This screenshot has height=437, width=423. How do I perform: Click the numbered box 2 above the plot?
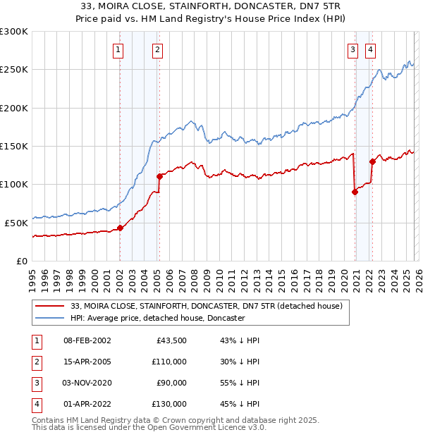pos(157,49)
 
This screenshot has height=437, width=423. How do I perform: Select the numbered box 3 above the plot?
pos(352,49)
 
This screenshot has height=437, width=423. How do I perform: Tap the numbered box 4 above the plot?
pos(370,49)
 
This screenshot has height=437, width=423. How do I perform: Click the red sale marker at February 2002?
pos(120,228)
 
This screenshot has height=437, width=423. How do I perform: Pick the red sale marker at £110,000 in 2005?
pos(159,177)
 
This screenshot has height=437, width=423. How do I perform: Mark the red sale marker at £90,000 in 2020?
pos(355,192)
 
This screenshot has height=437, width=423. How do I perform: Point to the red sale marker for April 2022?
pos(372,161)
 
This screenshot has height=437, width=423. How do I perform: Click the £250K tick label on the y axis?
pos(14,70)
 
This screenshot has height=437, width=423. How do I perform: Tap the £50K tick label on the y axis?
pos(17,223)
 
